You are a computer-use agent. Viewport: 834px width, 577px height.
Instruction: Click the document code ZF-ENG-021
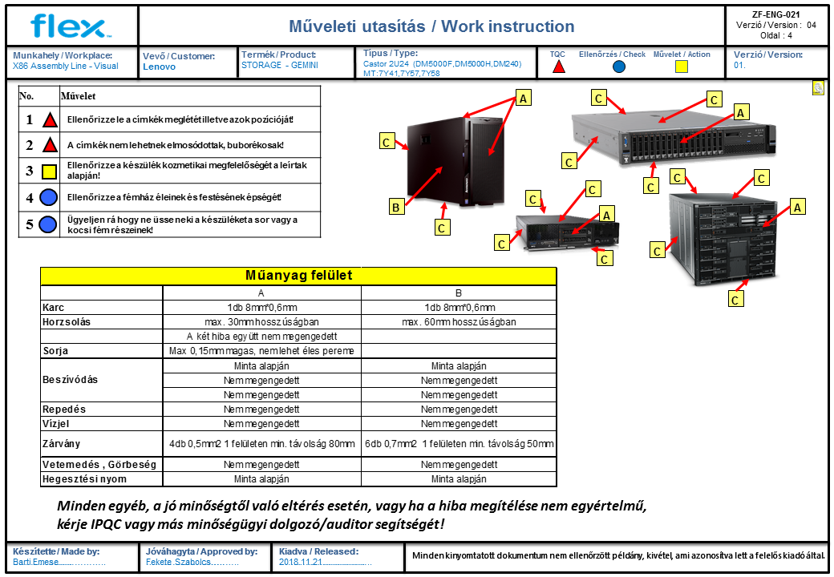click(x=775, y=15)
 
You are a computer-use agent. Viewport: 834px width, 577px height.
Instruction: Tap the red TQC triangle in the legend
click(x=558, y=67)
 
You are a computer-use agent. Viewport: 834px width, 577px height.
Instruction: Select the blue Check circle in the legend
click(x=618, y=67)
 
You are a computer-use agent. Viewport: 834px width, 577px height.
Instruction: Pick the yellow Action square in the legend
click(x=682, y=67)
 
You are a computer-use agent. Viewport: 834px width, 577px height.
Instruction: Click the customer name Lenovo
click(x=159, y=67)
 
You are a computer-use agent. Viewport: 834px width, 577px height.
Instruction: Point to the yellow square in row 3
click(x=49, y=171)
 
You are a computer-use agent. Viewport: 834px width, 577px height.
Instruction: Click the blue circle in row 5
click(x=48, y=224)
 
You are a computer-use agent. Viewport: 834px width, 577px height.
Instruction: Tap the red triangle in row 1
click(x=50, y=119)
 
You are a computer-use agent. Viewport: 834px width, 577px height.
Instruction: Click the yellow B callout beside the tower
click(x=395, y=207)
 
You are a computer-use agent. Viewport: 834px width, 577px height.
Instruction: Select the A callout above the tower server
click(x=523, y=99)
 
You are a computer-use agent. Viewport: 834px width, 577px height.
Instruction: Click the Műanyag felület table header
click(x=298, y=275)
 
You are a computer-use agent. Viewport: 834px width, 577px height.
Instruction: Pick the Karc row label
click(x=53, y=308)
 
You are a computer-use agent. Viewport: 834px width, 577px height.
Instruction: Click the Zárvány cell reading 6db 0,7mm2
click(x=459, y=444)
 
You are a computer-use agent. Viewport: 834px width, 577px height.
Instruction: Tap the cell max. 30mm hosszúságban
click(x=261, y=322)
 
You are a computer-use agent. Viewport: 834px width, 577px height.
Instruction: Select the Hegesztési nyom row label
click(x=84, y=478)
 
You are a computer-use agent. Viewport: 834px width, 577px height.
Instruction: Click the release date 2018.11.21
click(x=300, y=562)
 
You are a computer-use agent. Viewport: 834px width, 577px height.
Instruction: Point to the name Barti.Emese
click(x=35, y=562)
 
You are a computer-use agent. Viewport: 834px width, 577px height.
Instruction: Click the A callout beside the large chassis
click(x=797, y=208)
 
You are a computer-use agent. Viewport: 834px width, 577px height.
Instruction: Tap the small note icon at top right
click(x=819, y=87)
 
